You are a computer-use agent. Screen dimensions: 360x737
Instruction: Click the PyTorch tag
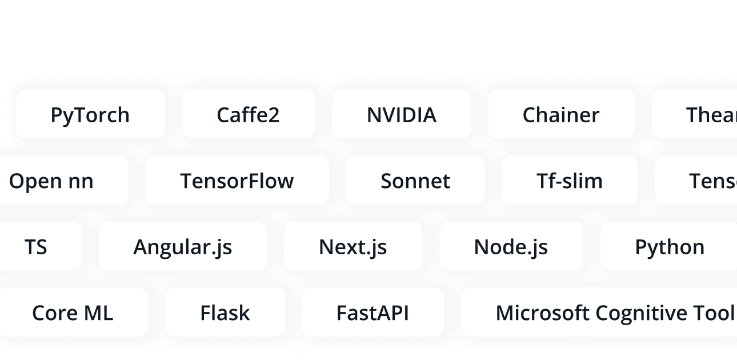90,114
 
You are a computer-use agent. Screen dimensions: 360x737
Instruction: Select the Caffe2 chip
248,114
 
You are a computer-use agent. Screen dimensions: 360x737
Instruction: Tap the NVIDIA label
401,114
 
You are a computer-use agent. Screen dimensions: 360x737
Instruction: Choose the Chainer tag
560,114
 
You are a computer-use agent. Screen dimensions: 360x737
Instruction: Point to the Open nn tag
51,181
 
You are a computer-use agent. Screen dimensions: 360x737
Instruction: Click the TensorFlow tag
237,181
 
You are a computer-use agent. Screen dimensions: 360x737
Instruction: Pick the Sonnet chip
415,181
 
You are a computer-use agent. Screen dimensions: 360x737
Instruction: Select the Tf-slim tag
569,181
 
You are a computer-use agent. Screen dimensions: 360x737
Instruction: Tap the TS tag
35,247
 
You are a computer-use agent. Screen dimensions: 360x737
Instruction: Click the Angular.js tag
182,247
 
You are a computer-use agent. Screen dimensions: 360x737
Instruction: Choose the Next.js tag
353,247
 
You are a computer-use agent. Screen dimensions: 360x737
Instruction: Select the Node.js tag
510,247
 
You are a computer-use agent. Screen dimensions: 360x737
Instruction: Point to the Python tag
669,247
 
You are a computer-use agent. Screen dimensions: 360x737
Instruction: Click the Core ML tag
73,313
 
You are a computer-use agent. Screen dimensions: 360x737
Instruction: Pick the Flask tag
225,313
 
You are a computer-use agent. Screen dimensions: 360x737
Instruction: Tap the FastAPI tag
372,313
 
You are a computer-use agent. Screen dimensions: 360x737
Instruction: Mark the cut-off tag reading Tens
712,181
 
